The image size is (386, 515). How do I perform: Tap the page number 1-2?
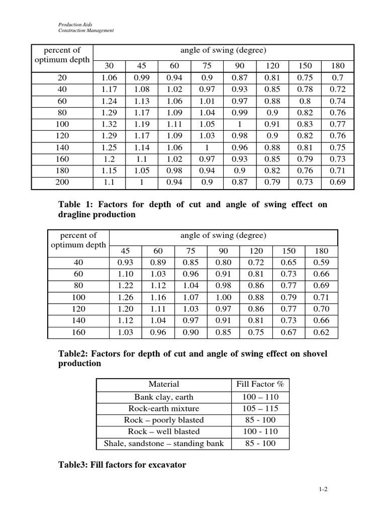tap(323, 488)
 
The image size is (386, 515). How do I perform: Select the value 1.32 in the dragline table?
tap(109, 124)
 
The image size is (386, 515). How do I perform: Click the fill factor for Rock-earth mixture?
tap(260, 408)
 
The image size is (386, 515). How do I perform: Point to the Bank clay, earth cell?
tap(164, 397)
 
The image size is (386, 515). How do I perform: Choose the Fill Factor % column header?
tap(260, 385)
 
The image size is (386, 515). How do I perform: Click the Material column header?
tap(164, 385)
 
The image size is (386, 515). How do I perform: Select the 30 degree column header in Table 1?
tap(109, 66)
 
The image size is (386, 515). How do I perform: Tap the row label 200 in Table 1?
tap(63, 182)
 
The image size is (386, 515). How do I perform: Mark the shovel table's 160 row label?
tap(78, 332)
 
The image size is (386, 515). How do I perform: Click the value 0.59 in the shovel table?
tap(321, 263)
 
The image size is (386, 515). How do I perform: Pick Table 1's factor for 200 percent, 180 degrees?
tap(337, 182)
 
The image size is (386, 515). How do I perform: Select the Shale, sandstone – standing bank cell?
tap(164, 443)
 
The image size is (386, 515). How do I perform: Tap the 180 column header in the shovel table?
tap(321, 251)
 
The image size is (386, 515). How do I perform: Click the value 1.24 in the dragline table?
tap(109, 101)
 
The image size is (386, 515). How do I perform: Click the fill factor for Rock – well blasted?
tap(260, 432)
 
